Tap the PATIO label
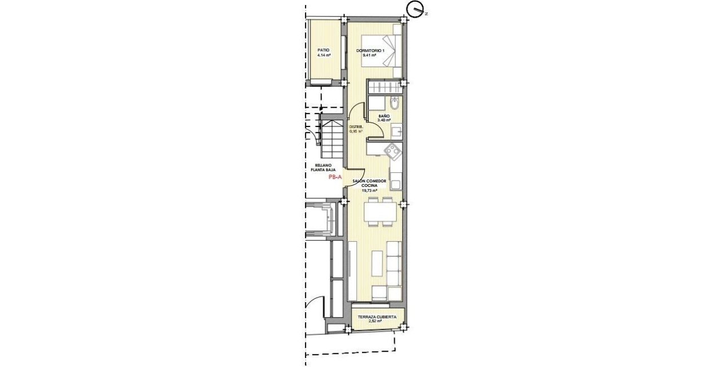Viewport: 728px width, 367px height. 323,50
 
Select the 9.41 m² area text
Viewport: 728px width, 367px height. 370,56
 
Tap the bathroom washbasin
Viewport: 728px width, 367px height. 396,131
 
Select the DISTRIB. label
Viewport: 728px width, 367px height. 356,127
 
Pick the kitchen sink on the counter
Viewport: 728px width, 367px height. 396,184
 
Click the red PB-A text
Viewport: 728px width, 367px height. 335,177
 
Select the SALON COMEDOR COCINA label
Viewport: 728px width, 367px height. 369,183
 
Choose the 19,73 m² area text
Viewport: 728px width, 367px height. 369,191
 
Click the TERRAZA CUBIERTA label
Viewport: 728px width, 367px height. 378,317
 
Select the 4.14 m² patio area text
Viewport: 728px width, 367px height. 323,55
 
